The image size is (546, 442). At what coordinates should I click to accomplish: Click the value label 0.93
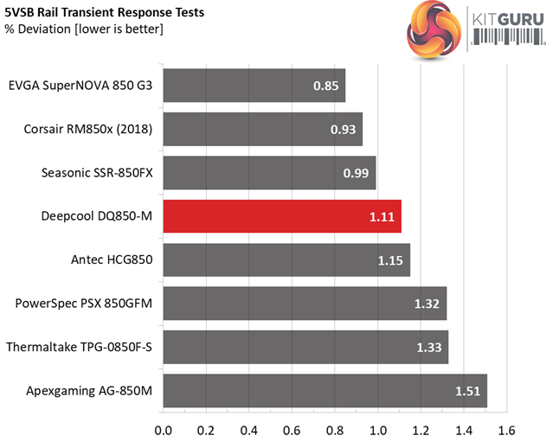(344, 130)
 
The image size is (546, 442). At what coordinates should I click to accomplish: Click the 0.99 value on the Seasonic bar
(357, 173)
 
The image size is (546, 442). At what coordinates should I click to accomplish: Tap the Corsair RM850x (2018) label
(88, 130)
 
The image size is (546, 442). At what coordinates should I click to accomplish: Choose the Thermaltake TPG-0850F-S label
(80, 347)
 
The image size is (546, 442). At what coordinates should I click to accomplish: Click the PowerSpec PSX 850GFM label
(84, 304)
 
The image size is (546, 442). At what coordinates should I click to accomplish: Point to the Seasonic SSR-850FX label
(97, 173)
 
